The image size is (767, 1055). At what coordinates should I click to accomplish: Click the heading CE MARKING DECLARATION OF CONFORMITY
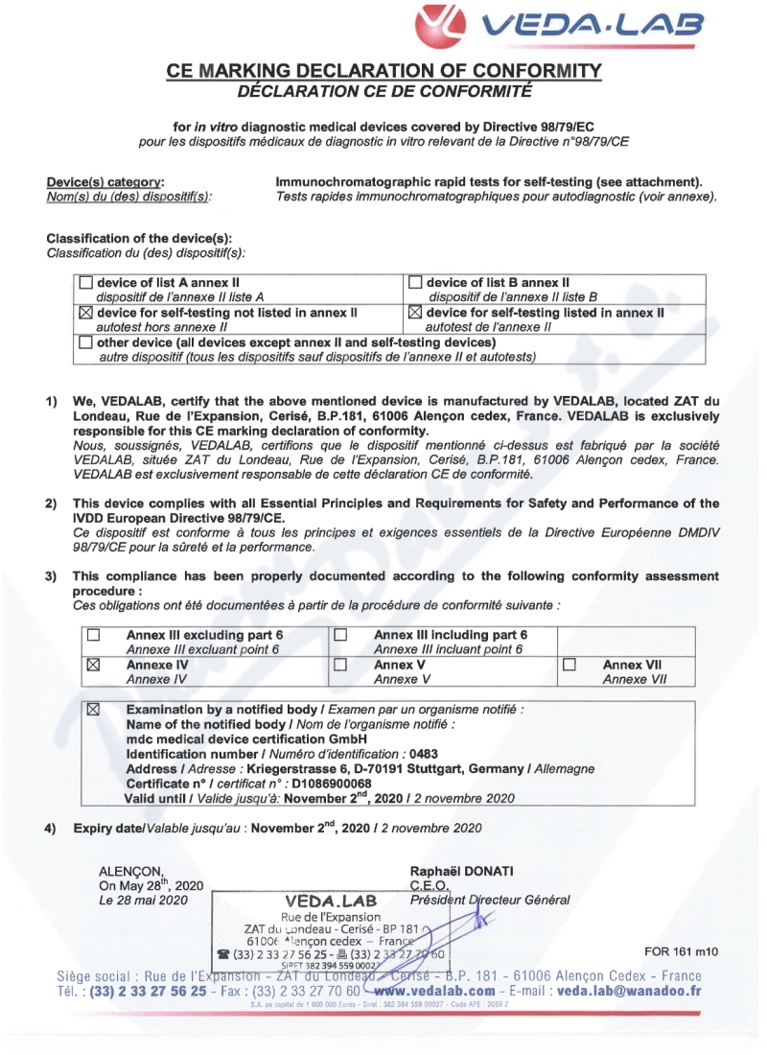point(383,72)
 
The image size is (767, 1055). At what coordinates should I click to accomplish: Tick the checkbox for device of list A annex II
point(86,283)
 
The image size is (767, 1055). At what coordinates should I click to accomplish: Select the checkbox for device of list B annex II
point(415,283)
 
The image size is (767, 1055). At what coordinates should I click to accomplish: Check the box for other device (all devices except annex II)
point(86,341)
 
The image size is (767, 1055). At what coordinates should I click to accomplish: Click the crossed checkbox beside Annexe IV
point(94,664)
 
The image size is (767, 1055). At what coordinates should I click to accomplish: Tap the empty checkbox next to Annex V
point(338,664)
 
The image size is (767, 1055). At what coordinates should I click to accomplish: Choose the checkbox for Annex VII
point(569,664)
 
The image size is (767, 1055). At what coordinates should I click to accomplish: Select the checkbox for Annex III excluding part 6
point(94,635)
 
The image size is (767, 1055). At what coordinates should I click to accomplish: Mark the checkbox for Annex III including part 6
point(338,635)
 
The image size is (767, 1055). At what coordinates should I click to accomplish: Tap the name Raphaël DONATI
point(461,870)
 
